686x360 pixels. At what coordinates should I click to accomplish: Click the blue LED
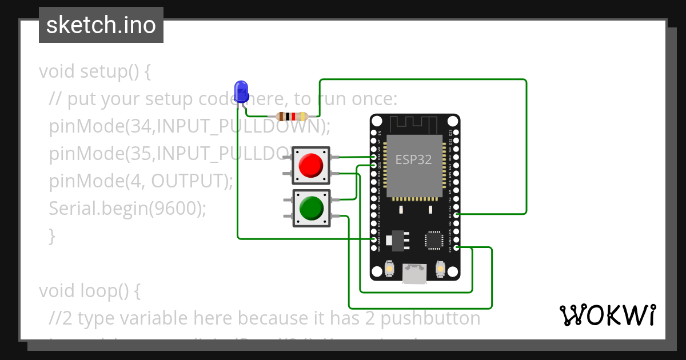click(241, 91)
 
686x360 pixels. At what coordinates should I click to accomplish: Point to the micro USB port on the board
click(414, 273)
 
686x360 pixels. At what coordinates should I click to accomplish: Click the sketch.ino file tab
click(101, 25)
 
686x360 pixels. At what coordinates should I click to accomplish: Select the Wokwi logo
click(607, 315)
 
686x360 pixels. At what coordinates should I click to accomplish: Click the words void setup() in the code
click(95, 72)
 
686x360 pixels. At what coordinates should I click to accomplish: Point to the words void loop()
click(89, 291)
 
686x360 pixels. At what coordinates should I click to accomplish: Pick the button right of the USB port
click(440, 269)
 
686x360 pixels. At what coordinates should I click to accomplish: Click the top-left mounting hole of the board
click(377, 121)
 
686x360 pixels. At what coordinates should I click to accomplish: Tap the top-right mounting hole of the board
click(452, 121)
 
